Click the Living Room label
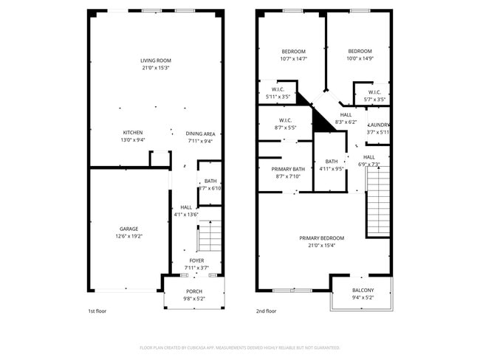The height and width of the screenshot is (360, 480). (x=156, y=60)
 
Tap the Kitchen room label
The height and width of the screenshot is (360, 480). (x=133, y=133)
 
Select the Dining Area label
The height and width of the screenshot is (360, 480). (x=200, y=133)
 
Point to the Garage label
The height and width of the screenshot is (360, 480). (x=129, y=229)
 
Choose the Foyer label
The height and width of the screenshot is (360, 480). (x=196, y=260)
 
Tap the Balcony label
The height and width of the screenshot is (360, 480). (x=362, y=290)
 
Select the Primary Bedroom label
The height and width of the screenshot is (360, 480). (x=321, y=238)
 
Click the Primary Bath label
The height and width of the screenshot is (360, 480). (x=278, y=169)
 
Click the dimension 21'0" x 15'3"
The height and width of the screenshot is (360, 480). (x=156, y=68)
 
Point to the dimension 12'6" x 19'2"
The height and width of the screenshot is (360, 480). (x=129, y=237)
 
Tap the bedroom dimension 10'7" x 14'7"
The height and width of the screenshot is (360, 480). (x=293, y=58)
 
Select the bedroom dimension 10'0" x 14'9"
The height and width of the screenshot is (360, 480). (x=360, y=58)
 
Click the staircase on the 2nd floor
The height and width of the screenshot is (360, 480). (x=379, y=201)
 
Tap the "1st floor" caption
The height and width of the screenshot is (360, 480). (x=97, y=311)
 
